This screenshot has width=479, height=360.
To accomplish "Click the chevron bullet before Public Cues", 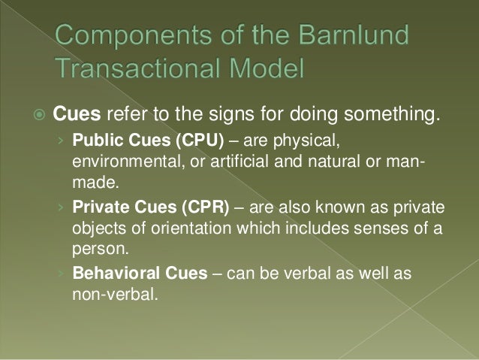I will tap(63, 142).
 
